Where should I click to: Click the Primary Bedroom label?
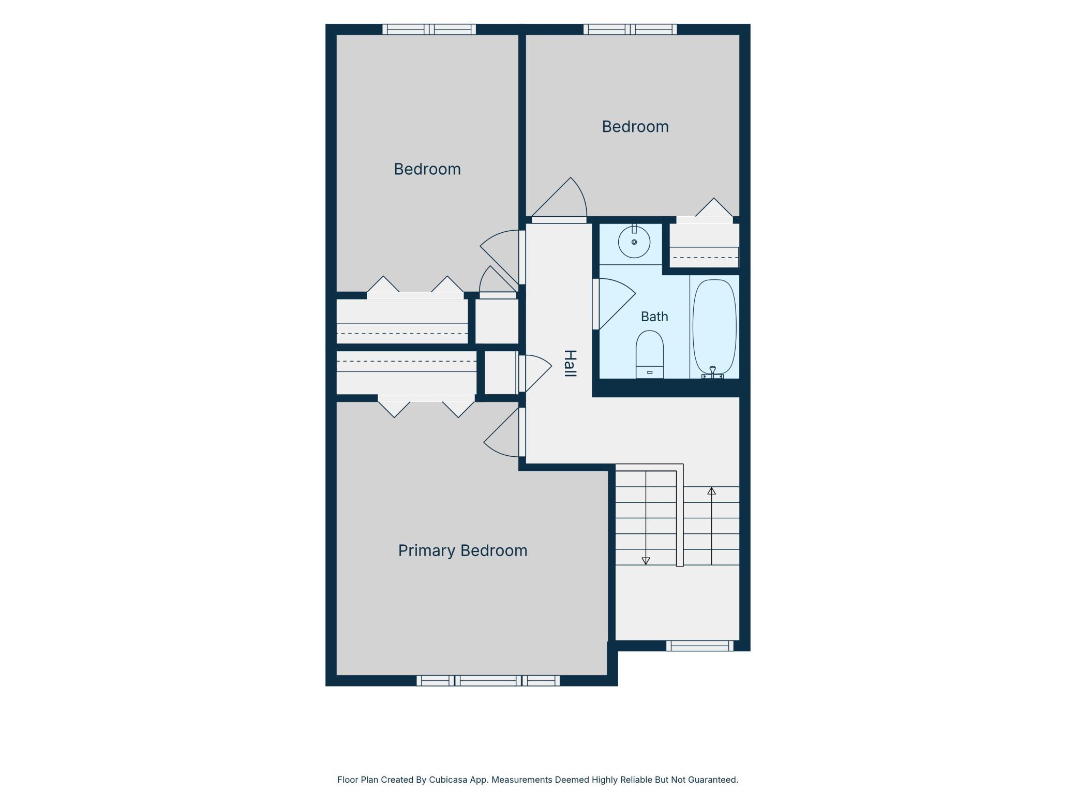pyautogui.click(x=462, y=550)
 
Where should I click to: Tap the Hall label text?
pyautogui.click(x=570, y=363)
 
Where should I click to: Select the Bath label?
pyautogui.click(x=654, y=317)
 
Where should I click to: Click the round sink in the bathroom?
pyautogui.click(x=634, y=242)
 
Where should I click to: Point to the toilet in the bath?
pyautogui.click(x=650, y=354)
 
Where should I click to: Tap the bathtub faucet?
pyautogui.click(x=712, y=372)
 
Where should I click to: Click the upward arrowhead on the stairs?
pyautogui.click(x=712, y=491)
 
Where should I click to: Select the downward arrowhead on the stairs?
pyautogui.click(x=646, y=561)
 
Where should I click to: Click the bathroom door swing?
pyautogui.click(x=614, y=304)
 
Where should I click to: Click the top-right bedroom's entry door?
pyautogui.click(x=559, y=201)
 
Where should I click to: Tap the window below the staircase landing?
pyautogui.click(x=700, y=646)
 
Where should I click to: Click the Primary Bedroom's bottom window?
pyautogui.click(x=488, y=681)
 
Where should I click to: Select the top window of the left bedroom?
pyautogui.click(x=429, y=29)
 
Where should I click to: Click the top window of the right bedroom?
pyautogui.click(x=630, y=29)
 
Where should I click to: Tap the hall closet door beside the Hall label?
pyautogui.click(x=535, y=372)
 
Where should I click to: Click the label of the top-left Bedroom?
pyautogui.click(x=427, y=169)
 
